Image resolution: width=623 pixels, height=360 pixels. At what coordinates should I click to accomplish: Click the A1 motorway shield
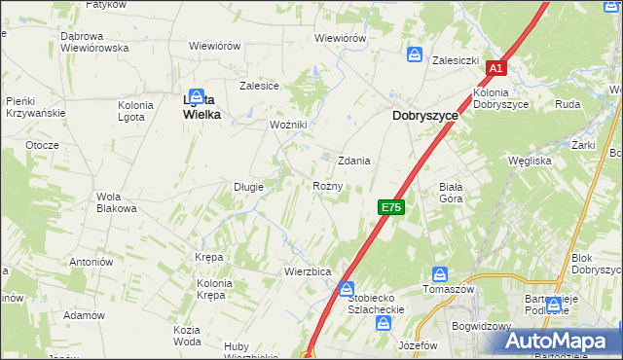(x=495, y=68)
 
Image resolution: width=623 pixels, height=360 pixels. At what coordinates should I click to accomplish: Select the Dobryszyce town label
(x=425, y=114)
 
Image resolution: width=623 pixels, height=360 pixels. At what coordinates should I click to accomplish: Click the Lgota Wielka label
(x=202, y=106)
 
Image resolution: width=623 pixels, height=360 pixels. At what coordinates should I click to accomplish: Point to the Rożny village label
(x=327, y=185)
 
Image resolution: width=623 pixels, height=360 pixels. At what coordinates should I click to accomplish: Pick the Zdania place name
(x=353, y=161)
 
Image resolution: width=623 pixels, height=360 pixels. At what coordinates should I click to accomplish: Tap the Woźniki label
(x=288, y=125)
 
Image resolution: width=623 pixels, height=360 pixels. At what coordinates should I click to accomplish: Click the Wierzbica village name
(x=308, y=270)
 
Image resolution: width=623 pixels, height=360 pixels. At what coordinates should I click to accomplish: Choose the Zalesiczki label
(x=457, y=59)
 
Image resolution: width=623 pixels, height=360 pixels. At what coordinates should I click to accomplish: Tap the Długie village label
(x=249, y=186)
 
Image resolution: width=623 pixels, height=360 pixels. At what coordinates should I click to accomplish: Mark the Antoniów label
(x=92, y=262)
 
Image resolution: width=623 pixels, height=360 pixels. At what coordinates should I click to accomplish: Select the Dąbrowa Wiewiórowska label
(x=94, y=42)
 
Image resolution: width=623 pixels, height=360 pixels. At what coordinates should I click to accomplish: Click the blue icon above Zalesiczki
(x=416, y=54)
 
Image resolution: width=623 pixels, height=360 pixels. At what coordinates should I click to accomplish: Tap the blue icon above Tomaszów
(x=439, y=274)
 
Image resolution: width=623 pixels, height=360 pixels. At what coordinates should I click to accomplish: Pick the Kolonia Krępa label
(x=213, y=289)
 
